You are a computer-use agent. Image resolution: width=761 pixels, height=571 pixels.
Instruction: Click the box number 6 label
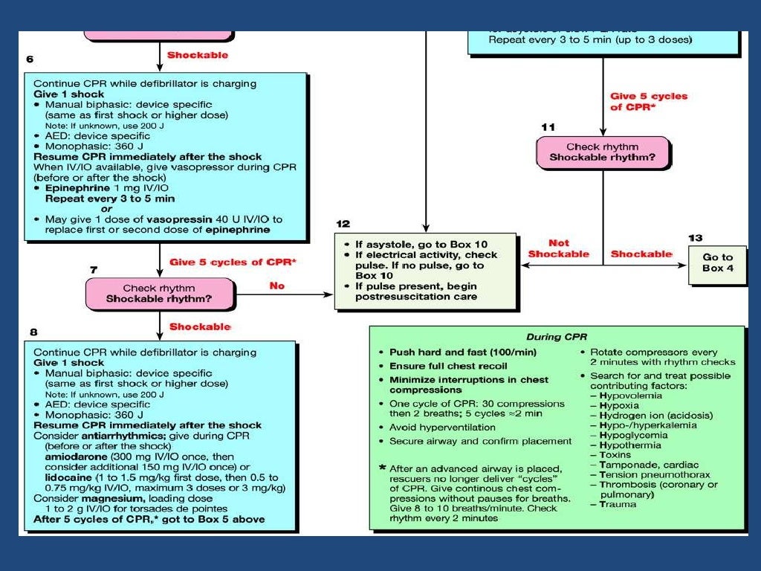tap(29, 59)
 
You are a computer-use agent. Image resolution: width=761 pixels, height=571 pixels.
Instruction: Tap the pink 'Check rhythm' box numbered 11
tap(603, 152)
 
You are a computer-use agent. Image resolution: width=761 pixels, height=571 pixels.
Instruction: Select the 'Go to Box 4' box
tap(717, 262)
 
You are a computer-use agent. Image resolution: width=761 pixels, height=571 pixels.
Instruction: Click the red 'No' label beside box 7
tap(276, 285)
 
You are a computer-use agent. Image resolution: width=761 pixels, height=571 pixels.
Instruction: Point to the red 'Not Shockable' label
tap(559, 248)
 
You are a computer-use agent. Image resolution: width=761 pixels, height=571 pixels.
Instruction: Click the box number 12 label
tap(343, 223)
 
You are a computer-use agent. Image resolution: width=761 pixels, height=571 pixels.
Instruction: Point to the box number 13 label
tap(695, 238)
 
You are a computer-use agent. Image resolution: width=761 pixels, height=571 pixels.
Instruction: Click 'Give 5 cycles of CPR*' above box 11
tap(648, 101)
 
